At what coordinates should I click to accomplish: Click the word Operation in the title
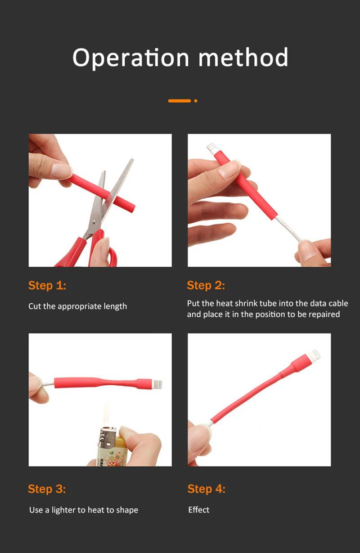pos(130,58)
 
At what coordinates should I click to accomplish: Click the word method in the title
pos(243,57)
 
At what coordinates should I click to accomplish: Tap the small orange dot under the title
pos(196,101)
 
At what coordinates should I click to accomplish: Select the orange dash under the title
pos(180,101)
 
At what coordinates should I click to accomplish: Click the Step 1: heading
pos(47,285)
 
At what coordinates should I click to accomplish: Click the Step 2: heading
pos(206,285)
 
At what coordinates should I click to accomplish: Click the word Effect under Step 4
pos(199,510)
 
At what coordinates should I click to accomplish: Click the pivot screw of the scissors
pos(93,222)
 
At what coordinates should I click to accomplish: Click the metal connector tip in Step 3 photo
pos(157,384)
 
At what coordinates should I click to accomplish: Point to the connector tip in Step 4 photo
pos(314,355)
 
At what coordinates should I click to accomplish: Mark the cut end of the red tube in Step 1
pos(132,207)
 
